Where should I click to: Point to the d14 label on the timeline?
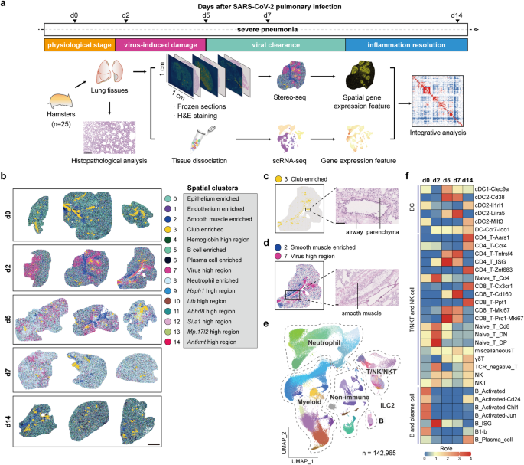[457, 15]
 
